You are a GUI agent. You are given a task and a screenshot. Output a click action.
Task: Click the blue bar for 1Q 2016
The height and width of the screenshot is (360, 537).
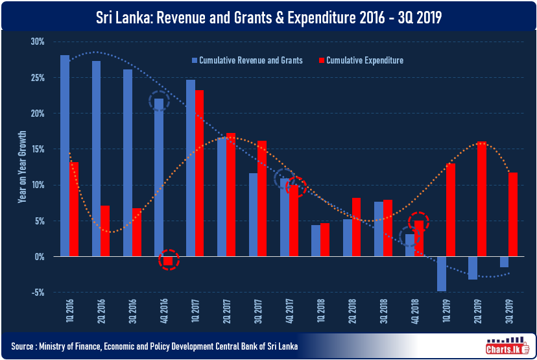[65, 156]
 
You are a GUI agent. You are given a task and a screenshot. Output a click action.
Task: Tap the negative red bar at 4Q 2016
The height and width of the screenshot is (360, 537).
[168, 261]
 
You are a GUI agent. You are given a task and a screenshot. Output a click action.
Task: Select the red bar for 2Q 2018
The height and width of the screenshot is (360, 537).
[356, 227]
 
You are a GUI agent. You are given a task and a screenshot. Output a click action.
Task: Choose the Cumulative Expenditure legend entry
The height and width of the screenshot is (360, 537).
[364, 60]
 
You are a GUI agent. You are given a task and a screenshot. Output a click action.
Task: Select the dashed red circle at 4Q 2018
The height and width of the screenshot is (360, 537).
[419, 221]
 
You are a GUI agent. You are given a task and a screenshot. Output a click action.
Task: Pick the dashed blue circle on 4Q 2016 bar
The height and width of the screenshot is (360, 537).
[159, 101]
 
